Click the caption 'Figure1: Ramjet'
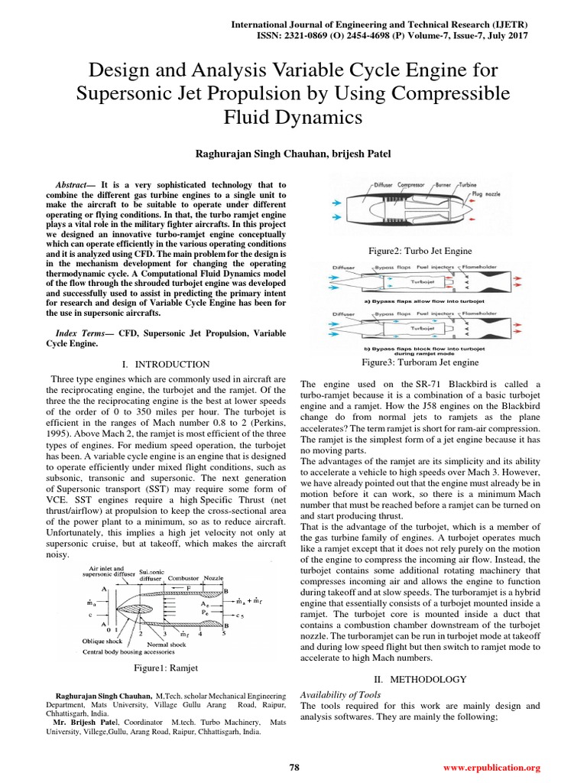point(166,668)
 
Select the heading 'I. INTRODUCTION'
point(165,364)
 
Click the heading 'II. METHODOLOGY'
point(420,679)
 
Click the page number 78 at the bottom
point(293,767)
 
